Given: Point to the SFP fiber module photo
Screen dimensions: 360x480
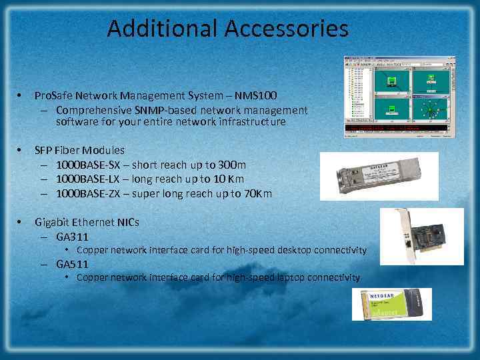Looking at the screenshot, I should pyautogui.click(x=379, y=176).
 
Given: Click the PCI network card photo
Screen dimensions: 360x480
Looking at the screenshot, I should pyautogui.click(x=421, y=237).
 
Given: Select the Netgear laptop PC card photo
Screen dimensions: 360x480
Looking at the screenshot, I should pyautogui.click(x=392, y=304).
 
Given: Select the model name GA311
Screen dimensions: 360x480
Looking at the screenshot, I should pyautogui.click(x=73, y=237).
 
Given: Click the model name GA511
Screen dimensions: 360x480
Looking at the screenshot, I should pyautogui.click(x=73, y=263).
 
